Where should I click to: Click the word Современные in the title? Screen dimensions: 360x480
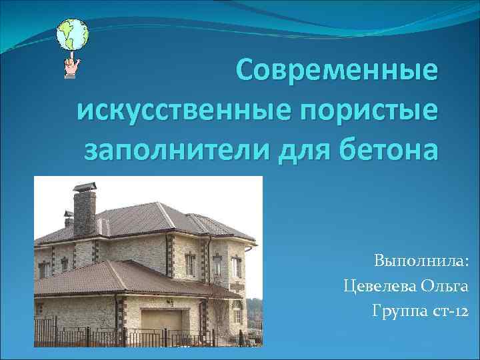coord(338,71)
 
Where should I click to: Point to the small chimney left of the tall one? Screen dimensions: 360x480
coord(68,217)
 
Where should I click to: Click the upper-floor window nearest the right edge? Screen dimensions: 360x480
coord(235,267)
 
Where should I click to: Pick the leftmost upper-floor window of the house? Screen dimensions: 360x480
coord(43,269)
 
